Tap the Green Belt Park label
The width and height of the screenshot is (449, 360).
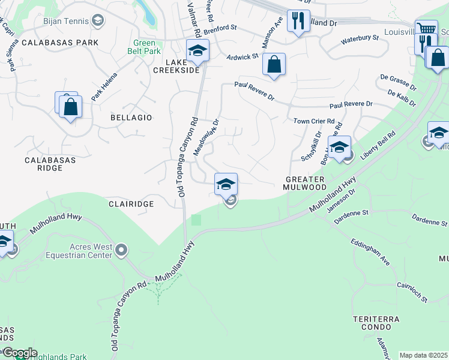pyautogui.click(x=143, y=47)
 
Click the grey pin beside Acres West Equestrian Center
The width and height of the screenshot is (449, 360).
pyautogui.click(x=122, y=250)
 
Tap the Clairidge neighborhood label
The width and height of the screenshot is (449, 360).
pyautogui.click(x=131, y=204)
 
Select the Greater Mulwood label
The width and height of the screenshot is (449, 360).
pyautogui.click(x=305, y=183)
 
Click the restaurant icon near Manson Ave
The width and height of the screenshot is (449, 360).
pyautogui.click(x=298, y=22)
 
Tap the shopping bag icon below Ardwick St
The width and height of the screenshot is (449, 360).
pyautogui.click(x=274, y=65)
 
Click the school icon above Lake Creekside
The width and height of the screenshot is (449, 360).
pyautogui.click(x=196, y=50)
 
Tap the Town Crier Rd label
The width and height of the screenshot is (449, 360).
pyautogui.click(x=313, y=121)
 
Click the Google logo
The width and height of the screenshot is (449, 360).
pyautogui.click(x=19, y=353)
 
